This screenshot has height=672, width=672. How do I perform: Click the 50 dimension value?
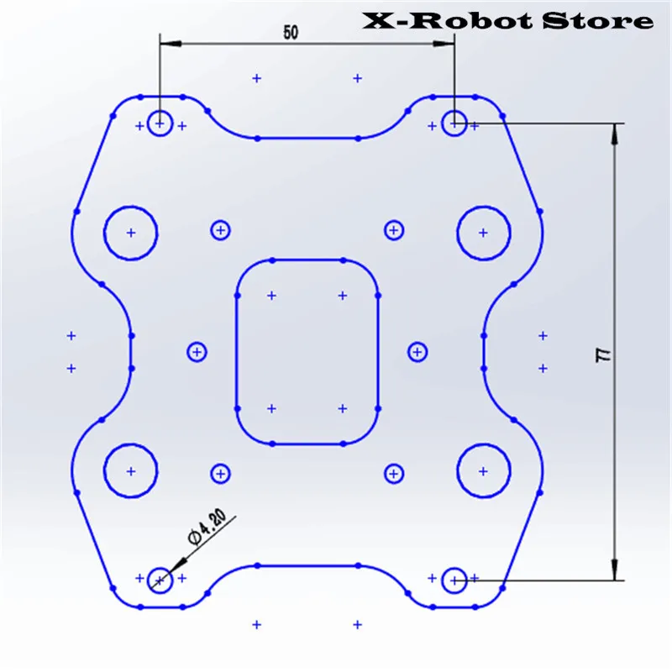click(x=291, y=32)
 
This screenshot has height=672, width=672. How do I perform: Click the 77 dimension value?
click(x=603, y=355)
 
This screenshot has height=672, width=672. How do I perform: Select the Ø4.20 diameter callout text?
click(x=207, y=527)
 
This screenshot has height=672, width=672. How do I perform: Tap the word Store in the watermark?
click(x=598, y=20)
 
